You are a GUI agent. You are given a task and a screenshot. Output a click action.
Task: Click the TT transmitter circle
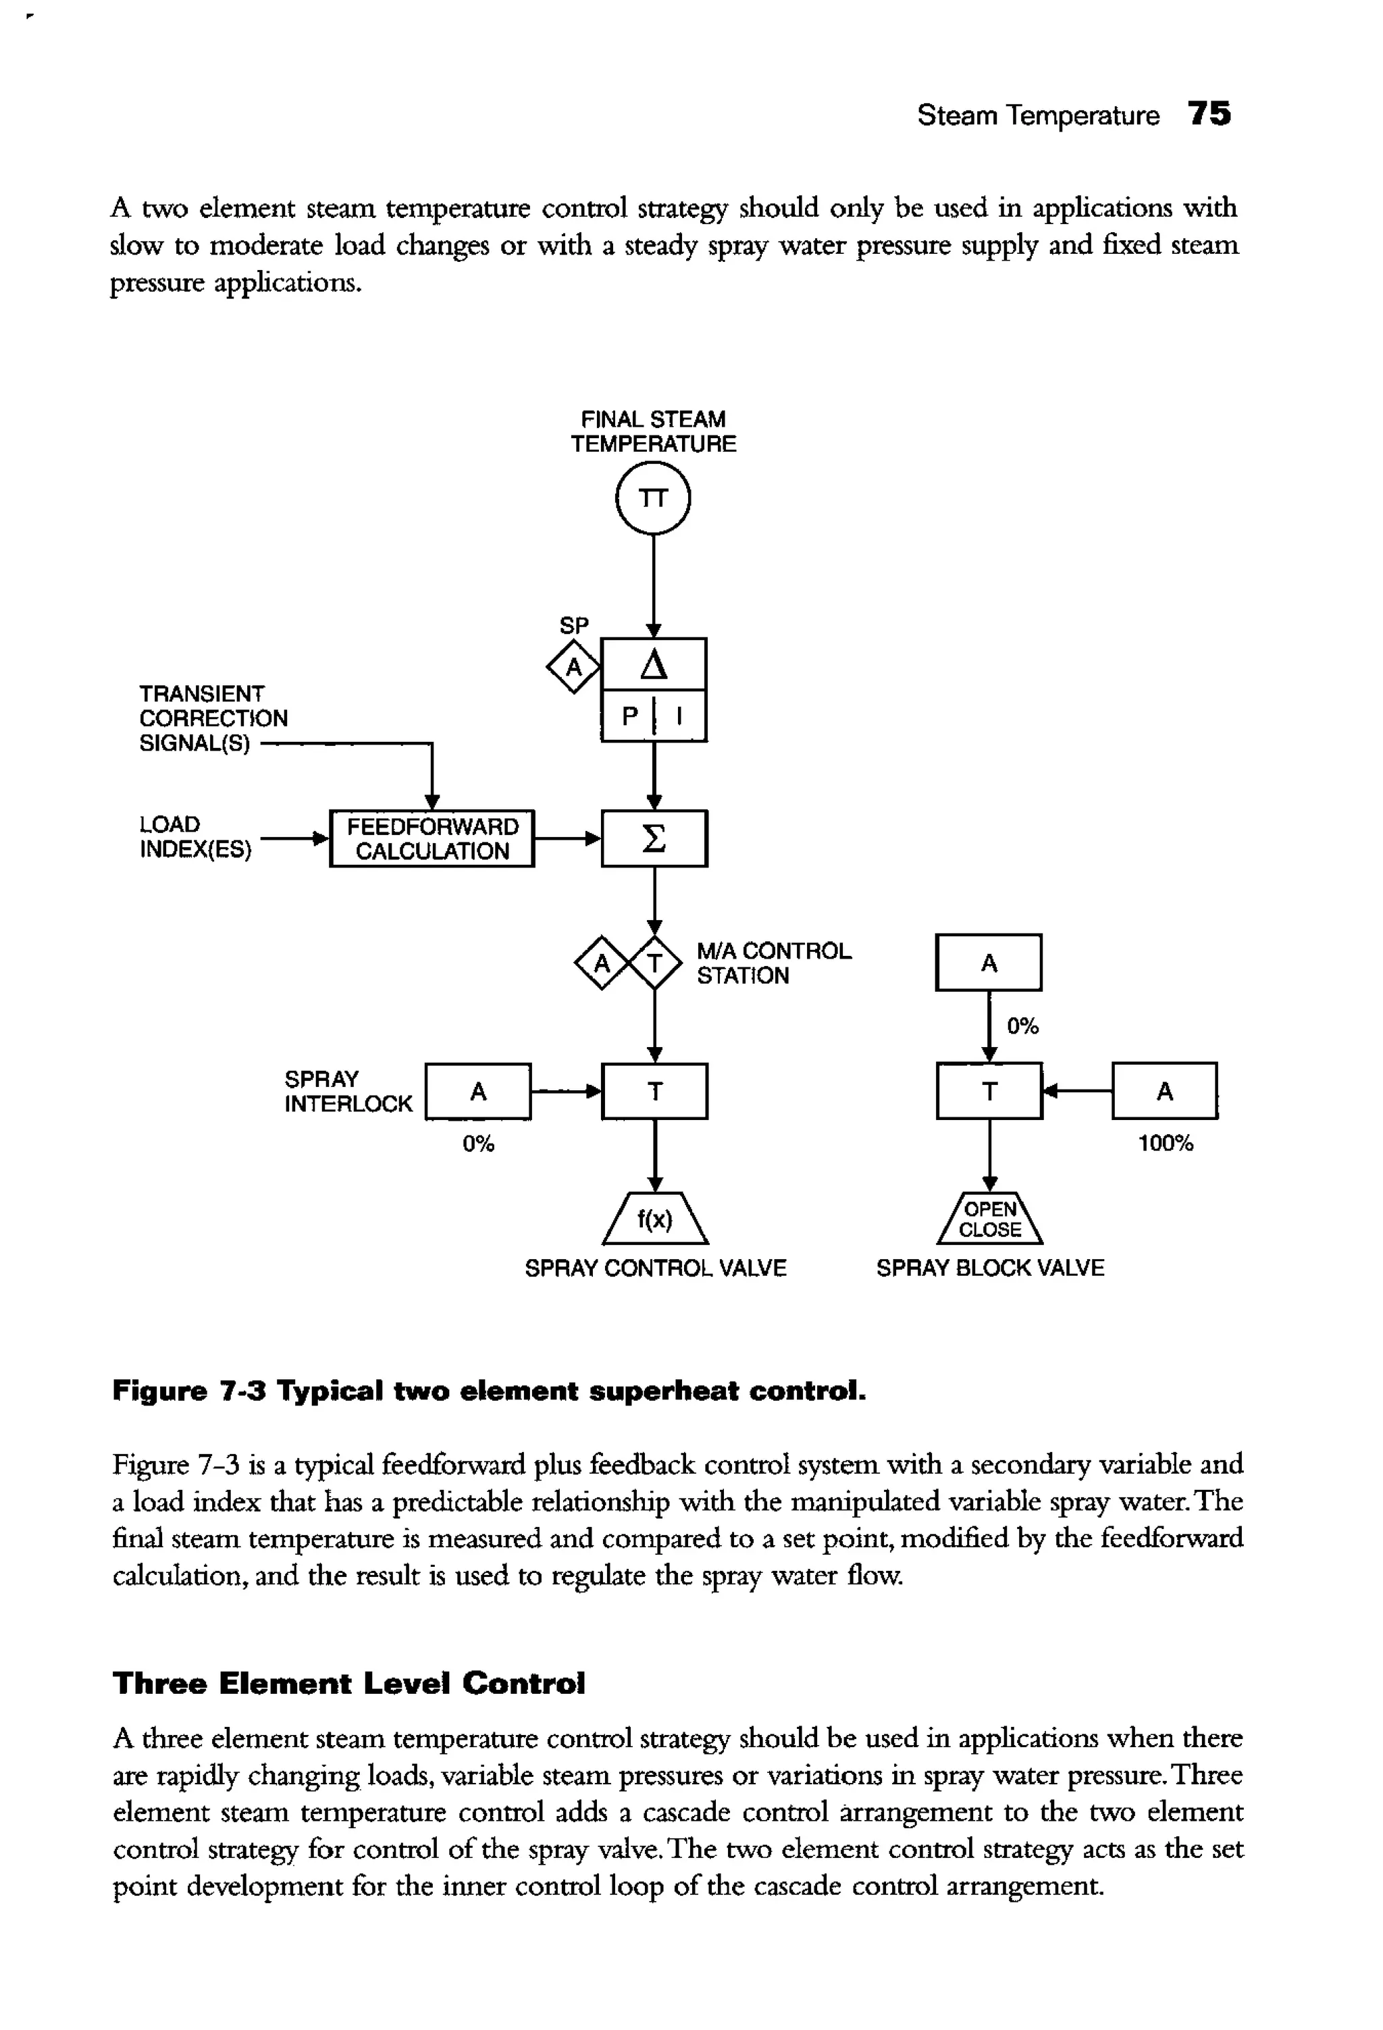pyautogui.click(x=652, y=498)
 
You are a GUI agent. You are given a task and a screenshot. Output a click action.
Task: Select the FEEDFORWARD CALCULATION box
pyautogui.click(x=432, y=838)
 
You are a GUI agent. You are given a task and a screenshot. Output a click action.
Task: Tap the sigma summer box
pyautogui.click(x=654, y=838)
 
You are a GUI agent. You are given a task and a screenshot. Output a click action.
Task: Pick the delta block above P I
pyautogui.click(x=654, y=666)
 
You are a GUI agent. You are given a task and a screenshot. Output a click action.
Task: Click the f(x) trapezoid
pyautogui.click(x=654, y=1219)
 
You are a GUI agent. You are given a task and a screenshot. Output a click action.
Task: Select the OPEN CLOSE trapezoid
pyautogui.click(x=989, y=1219)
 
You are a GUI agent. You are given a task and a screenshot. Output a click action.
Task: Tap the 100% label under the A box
pyautogui.click(x=1165, y=1144)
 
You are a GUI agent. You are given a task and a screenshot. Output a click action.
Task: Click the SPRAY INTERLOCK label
pyautogui.click(x=348, y=1091)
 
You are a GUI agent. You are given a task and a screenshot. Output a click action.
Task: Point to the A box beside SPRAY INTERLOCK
pyautogui.click(x=478, y=1091)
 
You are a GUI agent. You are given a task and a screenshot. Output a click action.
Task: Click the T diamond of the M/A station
pyautogui.click(x=655, y=963)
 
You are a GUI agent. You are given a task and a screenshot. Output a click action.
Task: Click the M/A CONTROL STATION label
pyautogui.click(x=773, y=963)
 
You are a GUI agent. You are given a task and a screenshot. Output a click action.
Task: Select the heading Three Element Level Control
pyautogui.click(x=348, y=1682)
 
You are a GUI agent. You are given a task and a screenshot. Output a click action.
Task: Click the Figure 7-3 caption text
pyautogui.click(x=489, y=1391)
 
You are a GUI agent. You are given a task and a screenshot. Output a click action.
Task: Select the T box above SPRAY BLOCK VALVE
pyautogui.click(x=989, y=1091)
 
